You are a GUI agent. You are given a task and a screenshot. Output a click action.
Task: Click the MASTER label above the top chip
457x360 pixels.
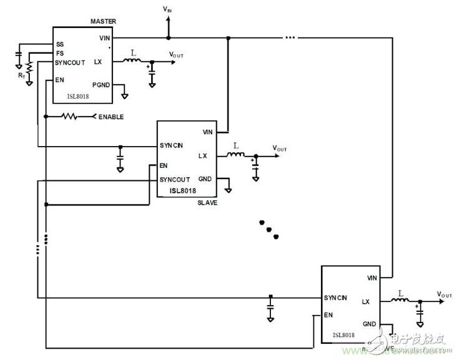[x=103, y=22]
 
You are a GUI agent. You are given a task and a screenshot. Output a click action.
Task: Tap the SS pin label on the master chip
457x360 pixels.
[x=60, y=45]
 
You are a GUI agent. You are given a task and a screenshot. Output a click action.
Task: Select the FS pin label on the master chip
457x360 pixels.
[x=60, y=54]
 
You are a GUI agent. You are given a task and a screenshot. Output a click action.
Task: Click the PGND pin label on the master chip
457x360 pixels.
[x=101, y=85]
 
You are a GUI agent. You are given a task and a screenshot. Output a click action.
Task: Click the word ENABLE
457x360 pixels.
[x=111, y=117]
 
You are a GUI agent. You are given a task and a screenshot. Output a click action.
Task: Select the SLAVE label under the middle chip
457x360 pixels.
[x=207, y=203]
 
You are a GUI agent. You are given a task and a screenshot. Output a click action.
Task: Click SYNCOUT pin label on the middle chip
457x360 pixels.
[x=175, y=180]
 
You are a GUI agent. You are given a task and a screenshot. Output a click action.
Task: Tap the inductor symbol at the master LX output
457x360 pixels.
[x=131, y=61]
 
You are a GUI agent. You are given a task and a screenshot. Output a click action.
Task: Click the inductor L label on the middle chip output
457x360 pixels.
[x=235, y=146]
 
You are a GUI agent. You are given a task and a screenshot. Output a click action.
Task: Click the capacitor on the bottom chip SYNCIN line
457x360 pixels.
[x=270, y=308]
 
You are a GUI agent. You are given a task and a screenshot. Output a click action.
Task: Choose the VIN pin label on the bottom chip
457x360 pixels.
[x=372, y=278]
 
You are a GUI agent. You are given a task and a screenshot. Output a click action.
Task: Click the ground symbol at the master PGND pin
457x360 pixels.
[x=125, y=95]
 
